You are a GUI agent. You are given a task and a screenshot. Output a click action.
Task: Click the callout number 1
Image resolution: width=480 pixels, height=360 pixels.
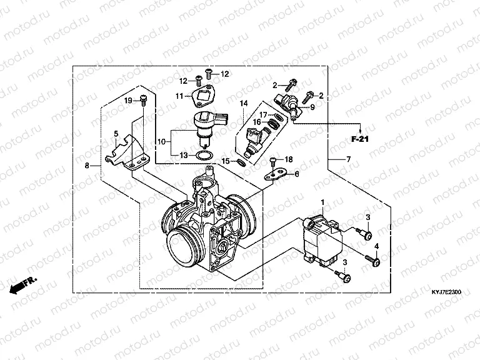[322, 202]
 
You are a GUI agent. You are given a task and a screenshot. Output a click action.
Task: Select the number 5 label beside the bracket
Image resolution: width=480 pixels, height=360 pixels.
[116, 134]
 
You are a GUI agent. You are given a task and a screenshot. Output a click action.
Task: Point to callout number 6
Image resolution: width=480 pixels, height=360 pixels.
[297, 174]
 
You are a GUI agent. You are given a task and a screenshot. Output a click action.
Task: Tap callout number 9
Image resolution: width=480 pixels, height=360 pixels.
[313, 107]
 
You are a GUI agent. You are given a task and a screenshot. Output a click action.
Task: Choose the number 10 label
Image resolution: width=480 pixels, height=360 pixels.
[161, 142]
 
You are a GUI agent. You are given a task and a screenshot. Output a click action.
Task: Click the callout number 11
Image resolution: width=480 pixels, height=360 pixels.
[179, 96]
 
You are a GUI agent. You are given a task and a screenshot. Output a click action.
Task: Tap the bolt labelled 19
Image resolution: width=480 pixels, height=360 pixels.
[144, 100]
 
